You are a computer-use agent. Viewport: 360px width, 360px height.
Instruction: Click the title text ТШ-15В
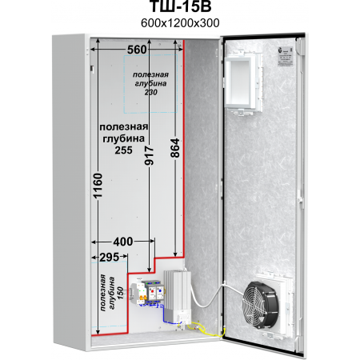click(x=180, y=6)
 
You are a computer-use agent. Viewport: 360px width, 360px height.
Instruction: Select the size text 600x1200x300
click(x=180, y=23)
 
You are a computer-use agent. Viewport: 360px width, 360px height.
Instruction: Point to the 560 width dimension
click(x=137, y=50)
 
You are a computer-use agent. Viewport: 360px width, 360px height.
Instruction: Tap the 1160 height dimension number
click(x=98, y=186)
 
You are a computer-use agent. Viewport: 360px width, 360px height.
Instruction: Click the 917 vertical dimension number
click(x=149, y=155)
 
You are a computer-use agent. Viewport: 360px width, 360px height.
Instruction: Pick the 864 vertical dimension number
click(x=175, y=148)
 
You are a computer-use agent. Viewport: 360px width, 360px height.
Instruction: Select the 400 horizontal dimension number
click(x=123, y=242)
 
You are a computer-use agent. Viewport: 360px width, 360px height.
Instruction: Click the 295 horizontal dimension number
click(x=110, y=257)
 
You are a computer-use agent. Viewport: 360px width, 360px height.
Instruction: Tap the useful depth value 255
click(x=123, y=150)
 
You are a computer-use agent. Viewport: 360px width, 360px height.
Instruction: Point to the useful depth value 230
click(x=151, y=92)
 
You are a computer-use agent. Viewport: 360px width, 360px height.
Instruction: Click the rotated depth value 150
click(x=121, y=293)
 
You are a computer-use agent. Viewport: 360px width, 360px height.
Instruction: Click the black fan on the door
click(x=260, y=305)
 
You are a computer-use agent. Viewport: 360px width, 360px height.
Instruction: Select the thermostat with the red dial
click(x=152, y=291)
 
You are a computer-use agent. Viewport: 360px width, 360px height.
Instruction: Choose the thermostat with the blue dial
click(x=159, y=290)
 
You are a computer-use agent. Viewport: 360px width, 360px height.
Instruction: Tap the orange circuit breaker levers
click(x=143, y=298)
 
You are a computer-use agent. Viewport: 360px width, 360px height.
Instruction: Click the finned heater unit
click(x=178, y=295)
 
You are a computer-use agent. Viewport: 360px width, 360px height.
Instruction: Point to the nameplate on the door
click(x=286, y=56)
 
